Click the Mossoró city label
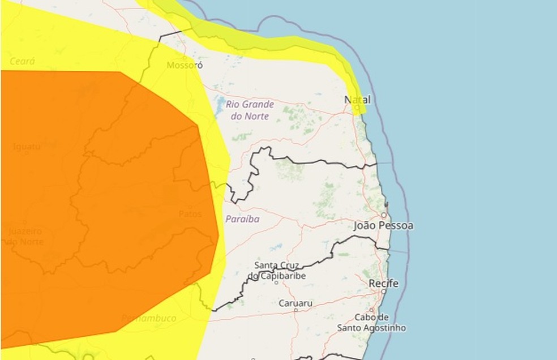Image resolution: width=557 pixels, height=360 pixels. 185,65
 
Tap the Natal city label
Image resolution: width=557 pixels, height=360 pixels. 358,100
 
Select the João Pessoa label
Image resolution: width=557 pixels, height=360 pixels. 383,225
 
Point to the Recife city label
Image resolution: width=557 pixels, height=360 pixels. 383,282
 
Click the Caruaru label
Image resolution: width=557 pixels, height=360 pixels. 295,303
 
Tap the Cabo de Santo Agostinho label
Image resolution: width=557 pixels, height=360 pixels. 371,322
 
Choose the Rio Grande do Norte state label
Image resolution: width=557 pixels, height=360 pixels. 250,110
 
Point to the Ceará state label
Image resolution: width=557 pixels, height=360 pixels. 23,61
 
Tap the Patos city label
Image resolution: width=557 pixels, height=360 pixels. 190,214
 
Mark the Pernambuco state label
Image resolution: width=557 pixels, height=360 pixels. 149,318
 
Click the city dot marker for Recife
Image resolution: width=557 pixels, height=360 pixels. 384,292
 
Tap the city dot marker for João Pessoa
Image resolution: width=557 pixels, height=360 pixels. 383,216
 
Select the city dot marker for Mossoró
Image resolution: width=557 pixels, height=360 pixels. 185,57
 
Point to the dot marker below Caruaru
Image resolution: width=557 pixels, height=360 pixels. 295,311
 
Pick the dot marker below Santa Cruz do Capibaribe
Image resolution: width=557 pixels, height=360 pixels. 276,281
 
